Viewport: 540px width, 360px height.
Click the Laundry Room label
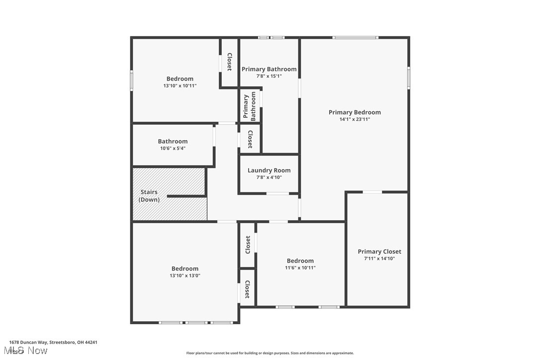(269, 171)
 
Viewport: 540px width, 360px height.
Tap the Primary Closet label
(379, 252)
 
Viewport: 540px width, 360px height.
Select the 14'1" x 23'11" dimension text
(355, 119)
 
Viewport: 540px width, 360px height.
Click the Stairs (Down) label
(149, 195)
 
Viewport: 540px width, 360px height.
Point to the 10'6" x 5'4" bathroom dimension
(173, 148)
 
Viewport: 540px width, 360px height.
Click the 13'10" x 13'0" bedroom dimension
(185, 275)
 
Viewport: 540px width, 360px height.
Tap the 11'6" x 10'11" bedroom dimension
(300, 268)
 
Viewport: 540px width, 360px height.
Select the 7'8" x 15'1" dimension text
(269, 76)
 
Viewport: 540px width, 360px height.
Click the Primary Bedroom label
(355, 112)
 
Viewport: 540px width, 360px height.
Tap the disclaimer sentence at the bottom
(270, 353)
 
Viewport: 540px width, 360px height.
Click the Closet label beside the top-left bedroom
(229, 62)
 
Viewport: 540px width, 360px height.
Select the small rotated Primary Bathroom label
(250, 106)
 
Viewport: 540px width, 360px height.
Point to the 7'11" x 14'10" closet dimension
(379, 259)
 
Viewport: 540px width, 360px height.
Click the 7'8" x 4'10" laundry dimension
(269, 178)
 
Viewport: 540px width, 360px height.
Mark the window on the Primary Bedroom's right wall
(409, 78)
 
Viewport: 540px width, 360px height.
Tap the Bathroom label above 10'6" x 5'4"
(173, 141)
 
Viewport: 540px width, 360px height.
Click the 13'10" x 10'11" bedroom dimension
(180, 86)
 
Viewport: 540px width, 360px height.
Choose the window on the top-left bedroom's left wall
(132, 80)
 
